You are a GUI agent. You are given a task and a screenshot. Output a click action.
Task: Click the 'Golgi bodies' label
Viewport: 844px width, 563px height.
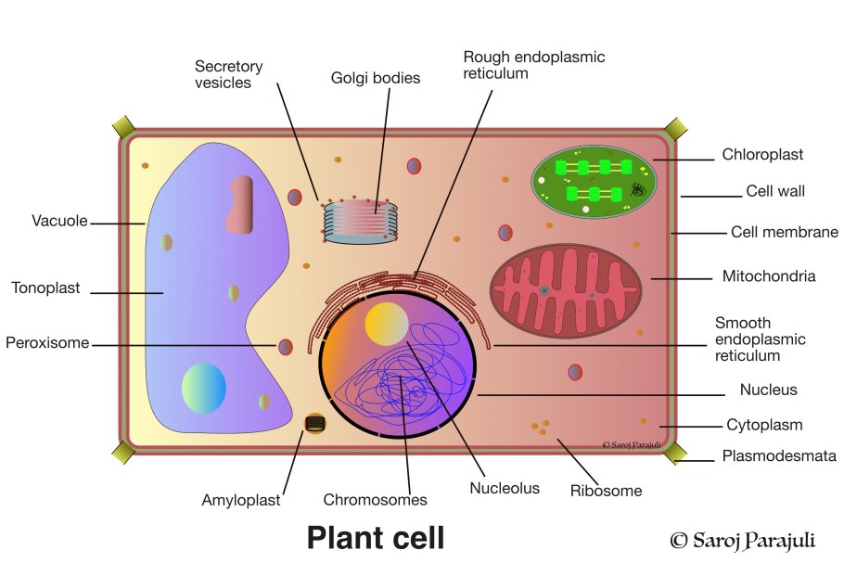coord(376,78)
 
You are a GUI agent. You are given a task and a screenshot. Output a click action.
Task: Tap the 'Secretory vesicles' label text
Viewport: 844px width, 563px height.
coord(228,74)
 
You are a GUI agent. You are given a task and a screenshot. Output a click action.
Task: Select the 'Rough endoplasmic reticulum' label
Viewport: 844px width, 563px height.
coord(533,65)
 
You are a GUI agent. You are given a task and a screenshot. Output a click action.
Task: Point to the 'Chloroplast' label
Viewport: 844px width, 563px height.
coord(762,155)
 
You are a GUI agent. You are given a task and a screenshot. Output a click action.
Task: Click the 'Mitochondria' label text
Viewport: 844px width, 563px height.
coord(769,275)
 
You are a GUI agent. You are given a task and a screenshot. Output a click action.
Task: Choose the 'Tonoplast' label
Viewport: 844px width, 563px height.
coord(45,288)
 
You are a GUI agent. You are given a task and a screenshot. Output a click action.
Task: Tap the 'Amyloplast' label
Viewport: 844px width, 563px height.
coord(240,500)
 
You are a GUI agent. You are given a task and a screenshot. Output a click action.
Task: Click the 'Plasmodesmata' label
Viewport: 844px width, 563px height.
coord(779,456)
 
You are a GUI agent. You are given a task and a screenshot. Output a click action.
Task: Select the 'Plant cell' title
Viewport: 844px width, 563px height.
coord(376,537)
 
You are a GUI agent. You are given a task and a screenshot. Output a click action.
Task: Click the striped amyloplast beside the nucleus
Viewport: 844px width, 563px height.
coord(315,424)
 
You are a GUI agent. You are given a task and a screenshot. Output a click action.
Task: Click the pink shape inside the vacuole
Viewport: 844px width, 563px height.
coord(239,204)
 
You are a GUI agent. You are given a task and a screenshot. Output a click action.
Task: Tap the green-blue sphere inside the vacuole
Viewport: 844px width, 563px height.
coord(203,388)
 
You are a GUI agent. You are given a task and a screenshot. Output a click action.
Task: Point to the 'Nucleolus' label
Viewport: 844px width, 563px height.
coord(505,488)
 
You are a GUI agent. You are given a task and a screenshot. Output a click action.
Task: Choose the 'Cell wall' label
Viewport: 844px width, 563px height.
coord(775,192)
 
